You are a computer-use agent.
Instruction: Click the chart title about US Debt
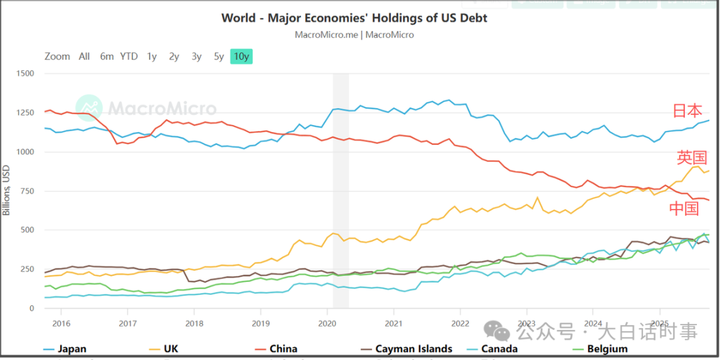pos(354,18)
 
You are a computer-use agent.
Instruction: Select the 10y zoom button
pos(241,57)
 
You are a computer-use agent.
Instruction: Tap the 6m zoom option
pos(107,57)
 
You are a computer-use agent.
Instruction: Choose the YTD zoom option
pos(129,57)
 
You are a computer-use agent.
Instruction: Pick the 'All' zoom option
pos(84,57)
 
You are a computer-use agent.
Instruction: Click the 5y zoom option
pos(218,57)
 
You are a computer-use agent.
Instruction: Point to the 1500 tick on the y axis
pos(24,73)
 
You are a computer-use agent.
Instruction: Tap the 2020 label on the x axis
pos(327,323)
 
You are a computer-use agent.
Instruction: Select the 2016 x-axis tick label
pos(61,323)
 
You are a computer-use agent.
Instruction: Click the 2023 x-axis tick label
pos(527,323)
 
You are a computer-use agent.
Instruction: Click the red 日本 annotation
pos(687,112)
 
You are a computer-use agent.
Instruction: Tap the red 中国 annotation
pos(684,208)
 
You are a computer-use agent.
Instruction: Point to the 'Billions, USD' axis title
pos(7,190)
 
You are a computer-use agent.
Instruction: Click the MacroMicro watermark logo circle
pos(89,108)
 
